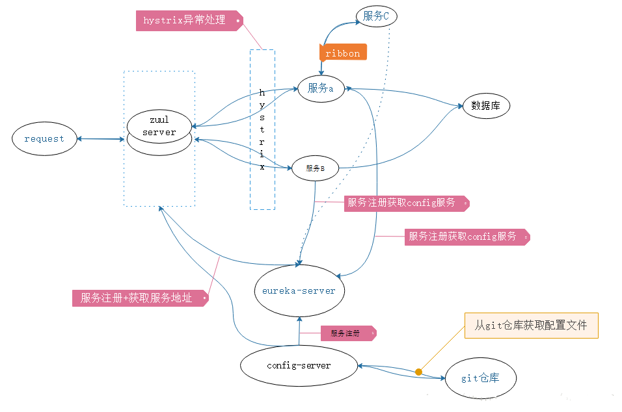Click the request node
pyautogui.click(x=44, y=138)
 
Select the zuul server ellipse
pyautogui.click(x=159, y=126)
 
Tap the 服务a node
pyautogui.click(x=321, y=89)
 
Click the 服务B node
pyautogui.click(x=315, y=168)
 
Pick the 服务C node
pyautogui.click(x=376, y=16)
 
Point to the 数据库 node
pyautogui.click(x=486, y=105)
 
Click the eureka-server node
pyautogui.click(x=299, y=290)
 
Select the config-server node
pyautogui.click(x=299, y=365)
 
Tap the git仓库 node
pyautogui.click(x=480, y=378)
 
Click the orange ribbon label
pyautogui.click(x=343, y=53)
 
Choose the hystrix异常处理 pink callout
pyautogui.click(x=189, y=20)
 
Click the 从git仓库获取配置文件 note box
pyautogui.click(x=531, y=325)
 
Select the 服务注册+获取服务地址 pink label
pyautogui.click(x=141, y=298)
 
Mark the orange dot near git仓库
pyautogui.click(x=418, y=372)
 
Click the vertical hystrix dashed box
pyautogui.click(x=262, y=129)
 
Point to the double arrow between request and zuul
pyautogui.click(x=100, y=138)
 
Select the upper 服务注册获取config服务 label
pyautogui.click(x=405, y=203)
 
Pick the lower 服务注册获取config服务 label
pyautogui.click(x=466, y=237)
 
